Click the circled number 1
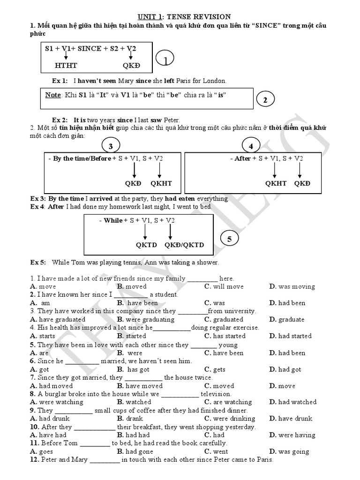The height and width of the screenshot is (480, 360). click(x=165, y=60)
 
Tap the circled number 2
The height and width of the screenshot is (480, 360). click(x=265, y=100)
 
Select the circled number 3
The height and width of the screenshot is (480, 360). click(x=111, y=146)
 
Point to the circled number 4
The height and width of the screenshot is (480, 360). click(x=251, y=146)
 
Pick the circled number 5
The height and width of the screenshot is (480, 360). click(x=229, y=239)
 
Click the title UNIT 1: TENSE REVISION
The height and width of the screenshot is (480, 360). click(x=180, y=17)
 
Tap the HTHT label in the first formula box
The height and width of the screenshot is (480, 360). click(x=66, y=66)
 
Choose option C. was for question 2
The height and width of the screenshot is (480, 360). click(x=215, y=303)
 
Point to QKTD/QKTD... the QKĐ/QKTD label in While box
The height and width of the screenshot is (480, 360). click(x=184, y=245)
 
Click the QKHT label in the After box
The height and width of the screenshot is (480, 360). click(x=276, y=183)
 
